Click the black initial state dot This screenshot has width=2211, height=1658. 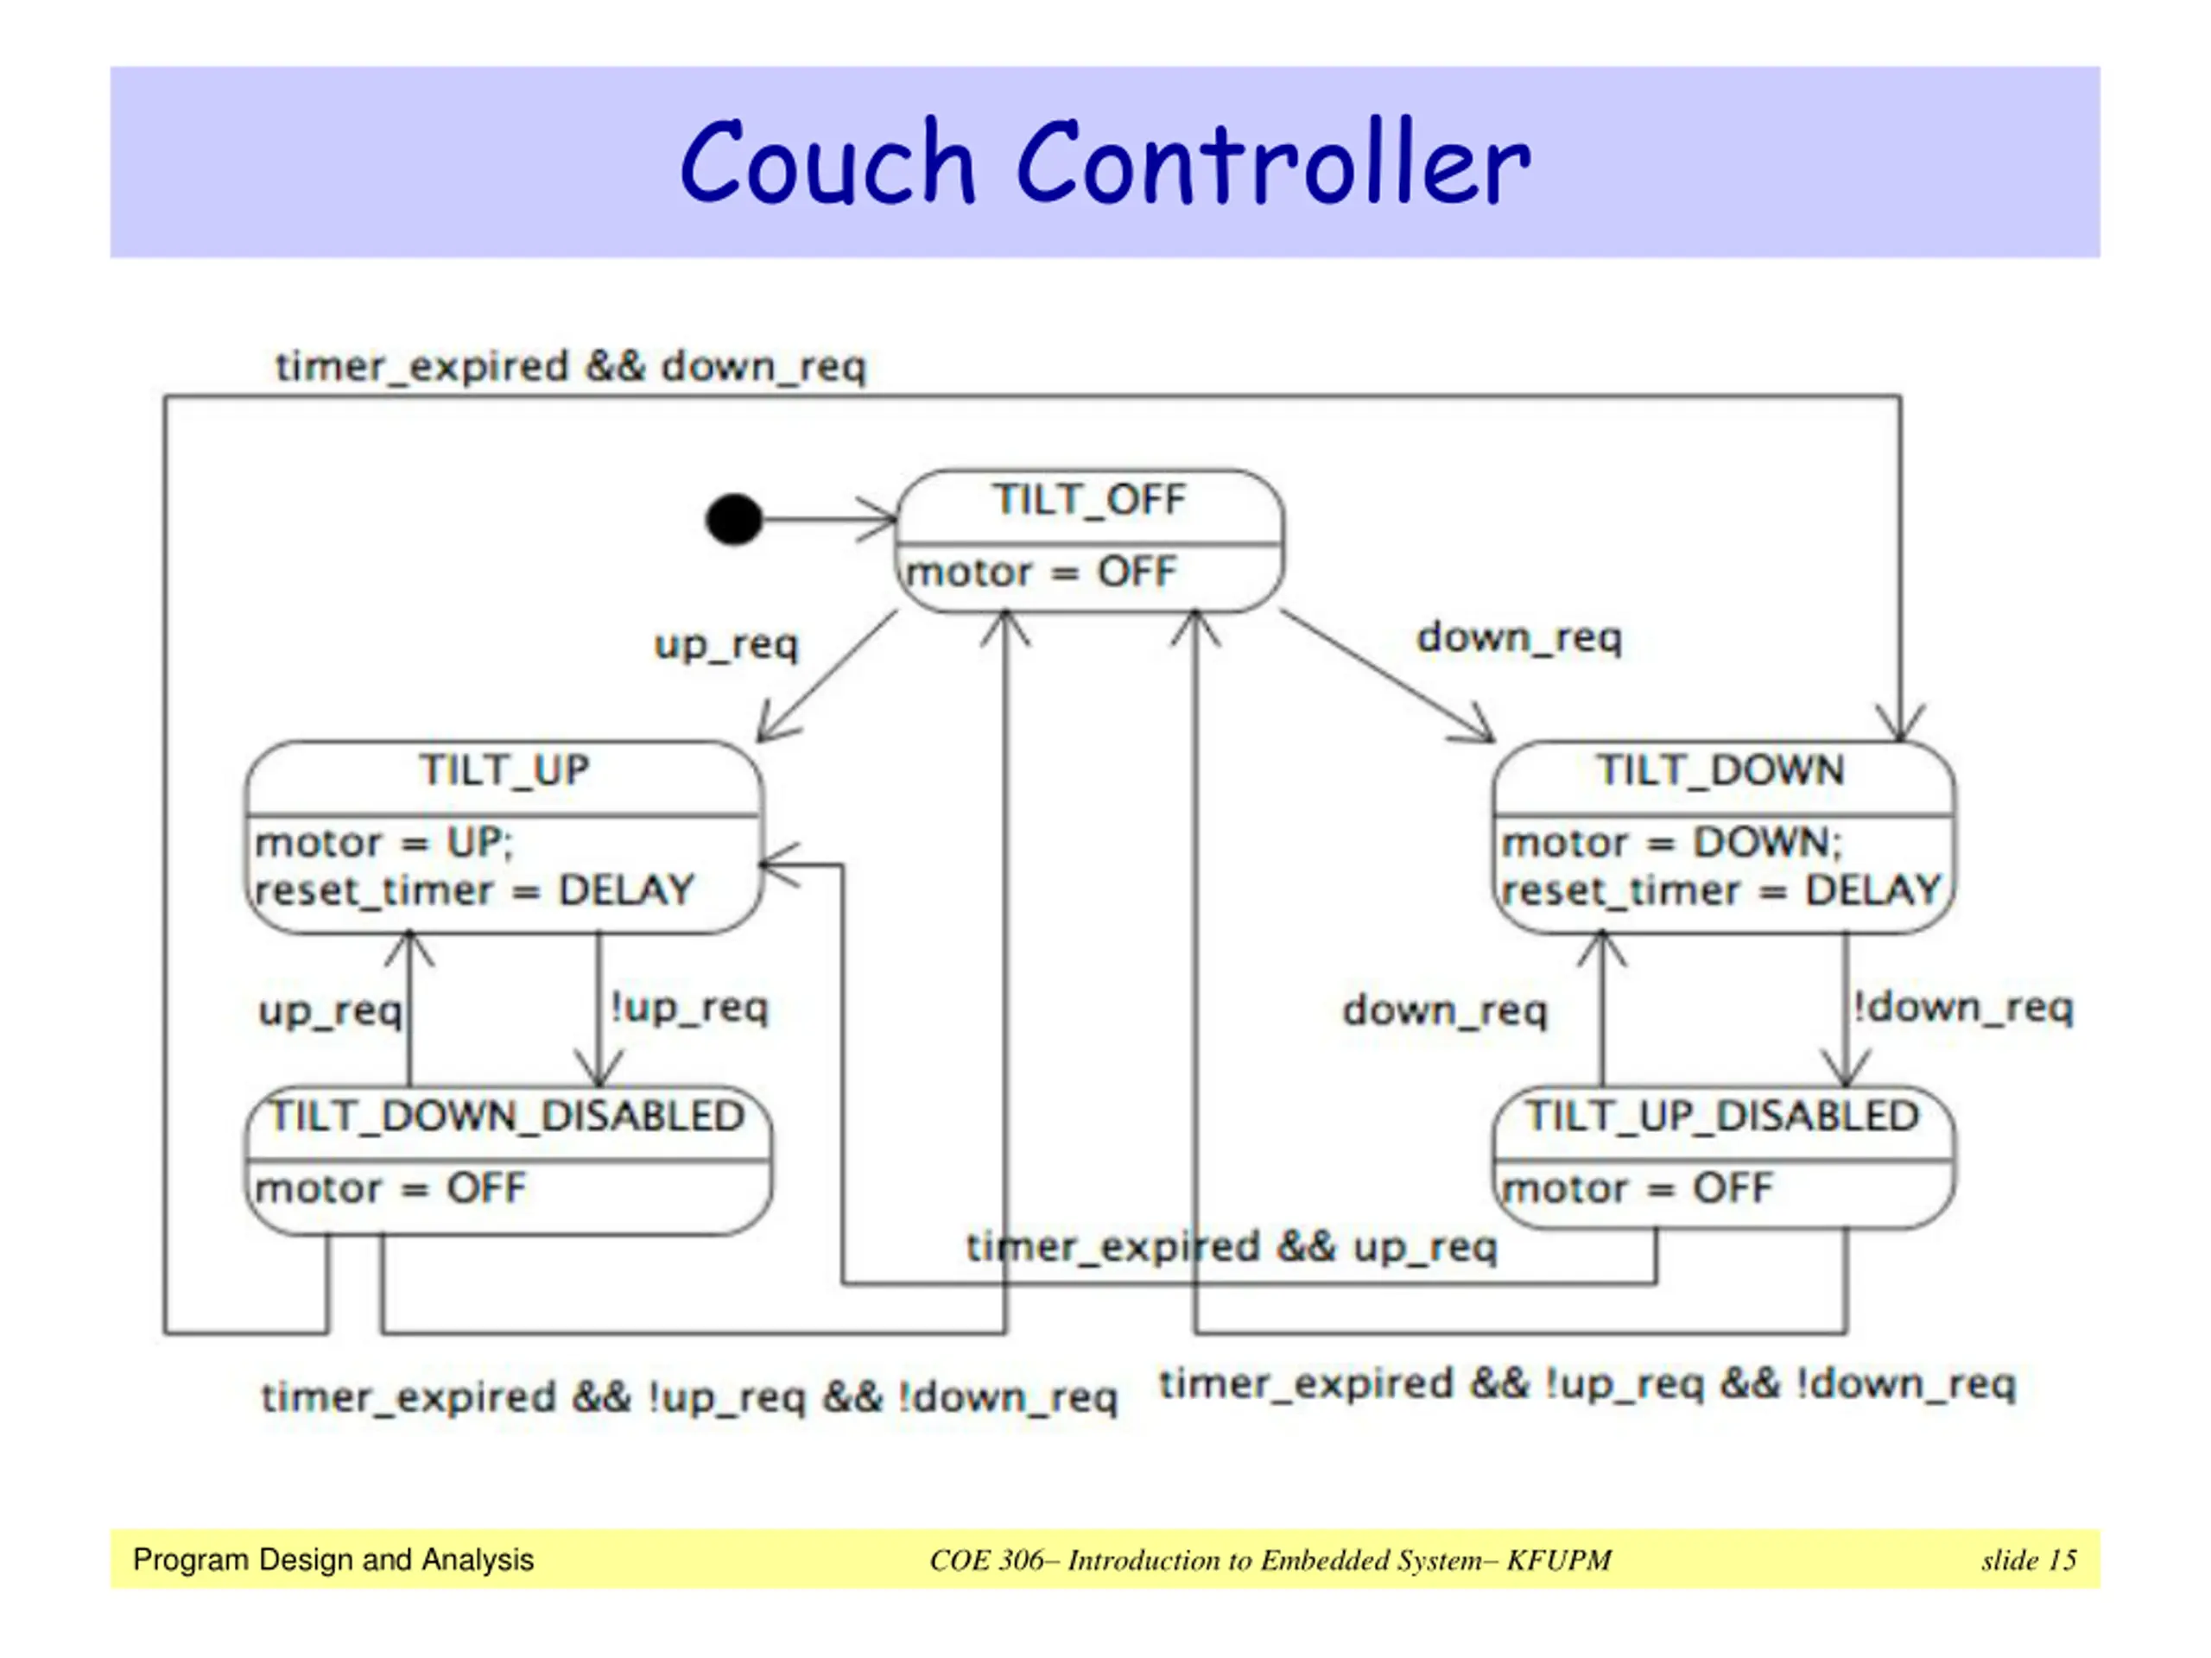(x=733, y=520)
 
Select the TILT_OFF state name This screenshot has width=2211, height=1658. (x=1088, y=500)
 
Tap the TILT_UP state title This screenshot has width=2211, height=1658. (x=504, y=770)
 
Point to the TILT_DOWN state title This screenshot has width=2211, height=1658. (x=1720, y=770)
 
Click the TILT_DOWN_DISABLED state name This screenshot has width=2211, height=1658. (x=509, y=1117)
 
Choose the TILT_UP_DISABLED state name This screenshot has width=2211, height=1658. (x=1722, y=1117)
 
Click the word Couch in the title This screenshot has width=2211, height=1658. (x=827, y=163)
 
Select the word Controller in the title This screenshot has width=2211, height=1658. (x=1272, y=163)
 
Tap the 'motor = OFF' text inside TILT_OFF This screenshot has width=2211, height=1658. (x=1041, y=573)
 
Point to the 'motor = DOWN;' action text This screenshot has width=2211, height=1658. (x=1671, y=844)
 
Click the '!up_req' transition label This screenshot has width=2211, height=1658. (x=690, y=1008)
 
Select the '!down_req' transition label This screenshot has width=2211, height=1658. (x=1963, y=1008)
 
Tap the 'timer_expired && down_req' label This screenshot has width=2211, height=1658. (x=571, y=367)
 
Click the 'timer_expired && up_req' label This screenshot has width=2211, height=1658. (x=1232, y=1247)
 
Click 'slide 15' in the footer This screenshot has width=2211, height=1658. (x=2028, y=1560)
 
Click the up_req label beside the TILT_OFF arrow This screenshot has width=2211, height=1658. (x=726, y=644)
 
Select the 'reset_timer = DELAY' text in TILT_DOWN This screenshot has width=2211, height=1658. (x=1720, y=890)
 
